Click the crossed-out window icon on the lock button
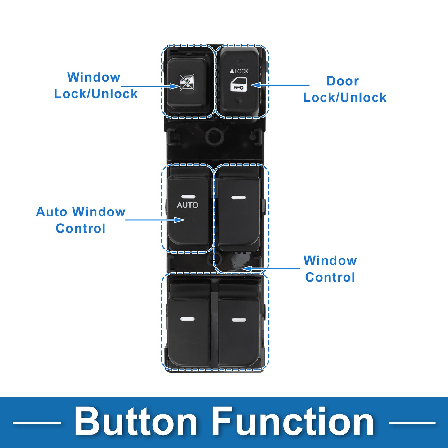[x=187, y=82]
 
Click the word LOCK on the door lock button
[x=242, y=71]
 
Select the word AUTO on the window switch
[x=188, y=205]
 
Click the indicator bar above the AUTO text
[x=189, y=197]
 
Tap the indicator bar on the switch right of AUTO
[x=238, y=197]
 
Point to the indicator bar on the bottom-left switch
[x=187, y=319]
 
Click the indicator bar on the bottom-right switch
[x=239, y=320]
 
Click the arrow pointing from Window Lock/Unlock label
[x=150, y=86]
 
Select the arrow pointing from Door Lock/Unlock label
[x=280, y=85]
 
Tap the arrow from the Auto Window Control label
[x=155, y=220]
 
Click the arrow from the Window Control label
[x=271, y=268]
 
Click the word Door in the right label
[x=343, y=81]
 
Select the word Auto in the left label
[x=51, y=212]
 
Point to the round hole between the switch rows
[x=215, y=137]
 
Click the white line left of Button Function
[x=37, y=423]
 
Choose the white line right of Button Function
[x=412, y=423]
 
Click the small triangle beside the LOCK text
[x=232, y=71]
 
